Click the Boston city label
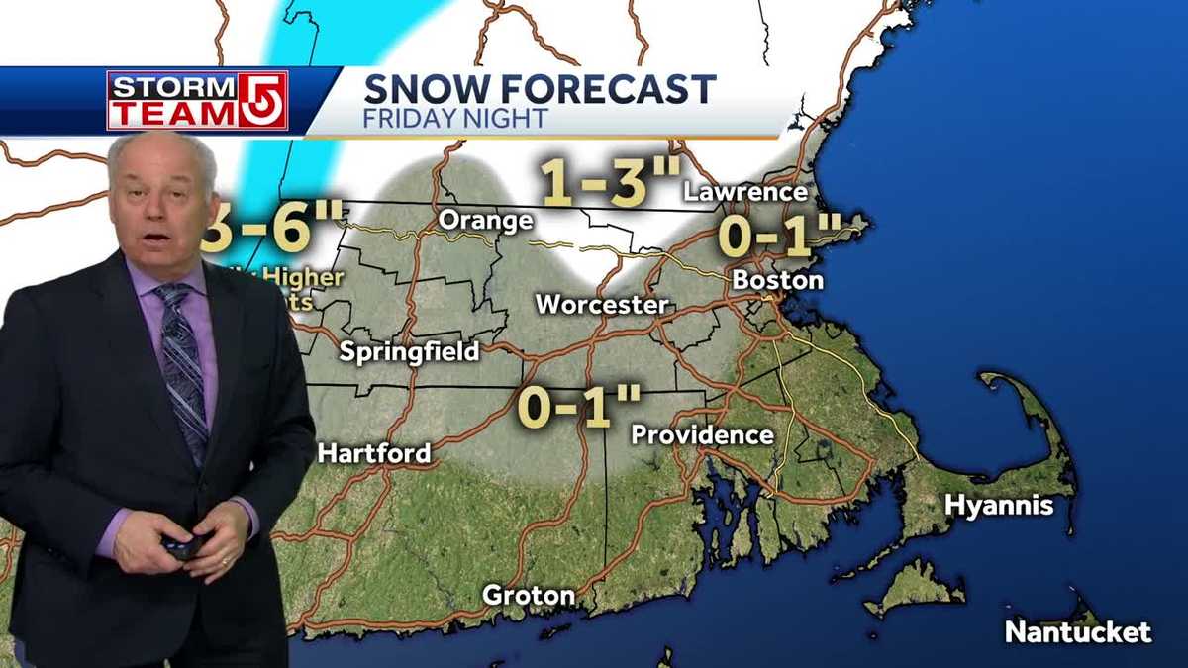(x=777, y=280)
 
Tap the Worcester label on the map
(x=602, y=304)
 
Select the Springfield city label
(x=409, y=351)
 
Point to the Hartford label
(x=374, y=453)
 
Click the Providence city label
(x=702, y=434)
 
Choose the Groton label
(x=528, y=595)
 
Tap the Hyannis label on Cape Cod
(x=998, y=506)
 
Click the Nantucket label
(x=1078, y=631)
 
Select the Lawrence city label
(x=745, y=192)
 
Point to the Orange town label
(x=485, y=220)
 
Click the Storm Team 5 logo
(x=197, y=100)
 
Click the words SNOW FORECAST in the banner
(x=540, y=89)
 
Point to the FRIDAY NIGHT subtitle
(x=455, y=119)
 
